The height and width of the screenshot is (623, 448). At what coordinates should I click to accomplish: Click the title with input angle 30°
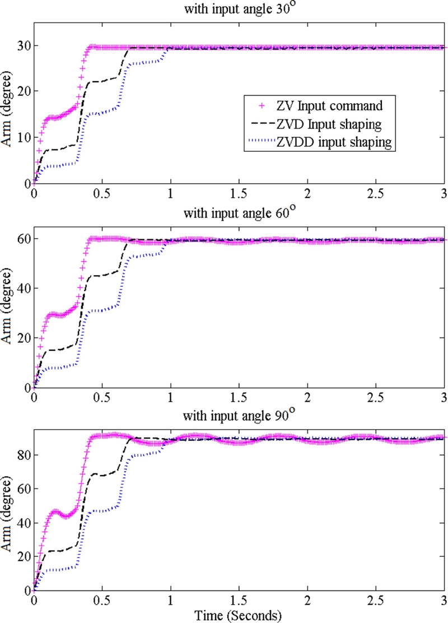coord(238,8)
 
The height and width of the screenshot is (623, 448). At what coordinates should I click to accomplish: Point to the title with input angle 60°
coord(238,212)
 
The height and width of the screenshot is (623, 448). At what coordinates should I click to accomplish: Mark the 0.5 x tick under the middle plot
coord(102,397)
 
